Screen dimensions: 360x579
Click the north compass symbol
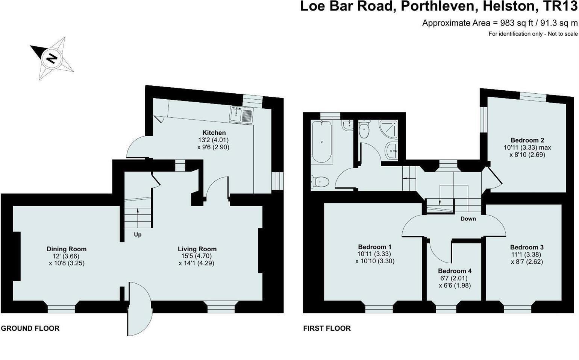(x=52, y=58)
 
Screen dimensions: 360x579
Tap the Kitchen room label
(x=214, y=132)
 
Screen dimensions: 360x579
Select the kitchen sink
(x=242, y=114)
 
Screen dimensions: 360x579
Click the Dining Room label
(x=67, y=249)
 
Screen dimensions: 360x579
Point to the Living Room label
(x=197, y=249)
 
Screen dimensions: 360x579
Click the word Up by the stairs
(x=138, y=235)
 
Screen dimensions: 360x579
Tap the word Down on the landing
(x=468, y=219)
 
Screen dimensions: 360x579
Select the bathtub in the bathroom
(x=321, y=141)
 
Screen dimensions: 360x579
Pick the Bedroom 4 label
(x=455, y=271)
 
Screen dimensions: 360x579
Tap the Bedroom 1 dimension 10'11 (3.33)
(x=374, y=254)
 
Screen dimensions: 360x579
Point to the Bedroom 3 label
(x=527, y=247)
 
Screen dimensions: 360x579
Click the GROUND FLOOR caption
(x=30, y=328)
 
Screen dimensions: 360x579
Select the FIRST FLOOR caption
(x=327, y=328)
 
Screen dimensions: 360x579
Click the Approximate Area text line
(x=500, y=23)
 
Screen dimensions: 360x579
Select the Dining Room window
(x=61, y=308)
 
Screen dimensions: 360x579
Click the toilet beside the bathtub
(x=320, y=182)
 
